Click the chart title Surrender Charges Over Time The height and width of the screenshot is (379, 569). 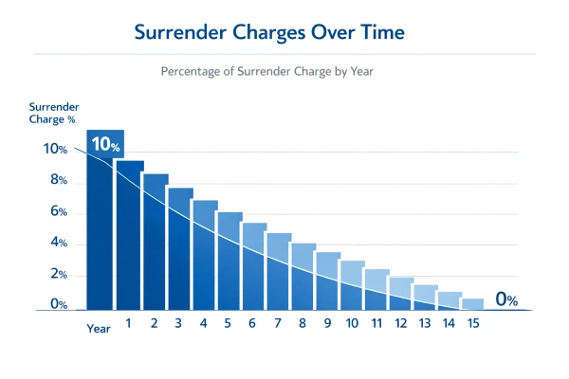tap(269, 32)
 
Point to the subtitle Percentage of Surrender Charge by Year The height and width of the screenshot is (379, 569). tap(271, 70)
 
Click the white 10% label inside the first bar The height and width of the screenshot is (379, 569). tap(104, 146)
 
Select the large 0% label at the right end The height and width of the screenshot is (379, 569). tap(505, 299)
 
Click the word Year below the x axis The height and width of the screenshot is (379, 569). tap(99, 328)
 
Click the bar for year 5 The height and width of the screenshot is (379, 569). tap(229, 261)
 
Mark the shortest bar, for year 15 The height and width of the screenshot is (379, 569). tap(472, 304)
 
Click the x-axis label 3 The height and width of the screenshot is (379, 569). tap(178, 323)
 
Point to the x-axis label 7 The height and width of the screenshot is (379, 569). tap(277, 323)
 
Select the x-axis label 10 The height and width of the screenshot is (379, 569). tap(351, 323)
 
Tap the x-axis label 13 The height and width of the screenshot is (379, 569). tap(425, 323)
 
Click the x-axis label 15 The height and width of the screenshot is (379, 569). tap(473, 323)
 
